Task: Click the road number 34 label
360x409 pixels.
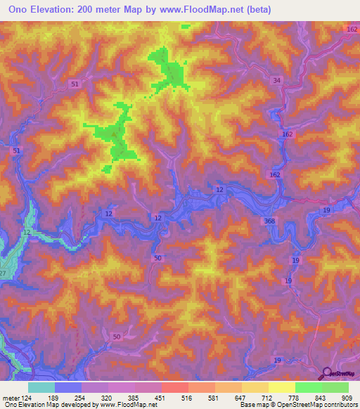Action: tap(277, 81)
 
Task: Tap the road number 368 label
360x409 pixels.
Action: tap(271, 221)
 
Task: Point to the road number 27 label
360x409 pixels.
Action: tap(2, 273)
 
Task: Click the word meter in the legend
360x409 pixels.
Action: tap(11, 398)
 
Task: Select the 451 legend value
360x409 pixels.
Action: tap(162, 398)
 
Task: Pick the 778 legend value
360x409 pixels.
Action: tap(295, 398)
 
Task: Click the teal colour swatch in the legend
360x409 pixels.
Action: tap(41, 387)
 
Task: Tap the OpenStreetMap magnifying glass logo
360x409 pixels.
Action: tap(328, 373)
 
